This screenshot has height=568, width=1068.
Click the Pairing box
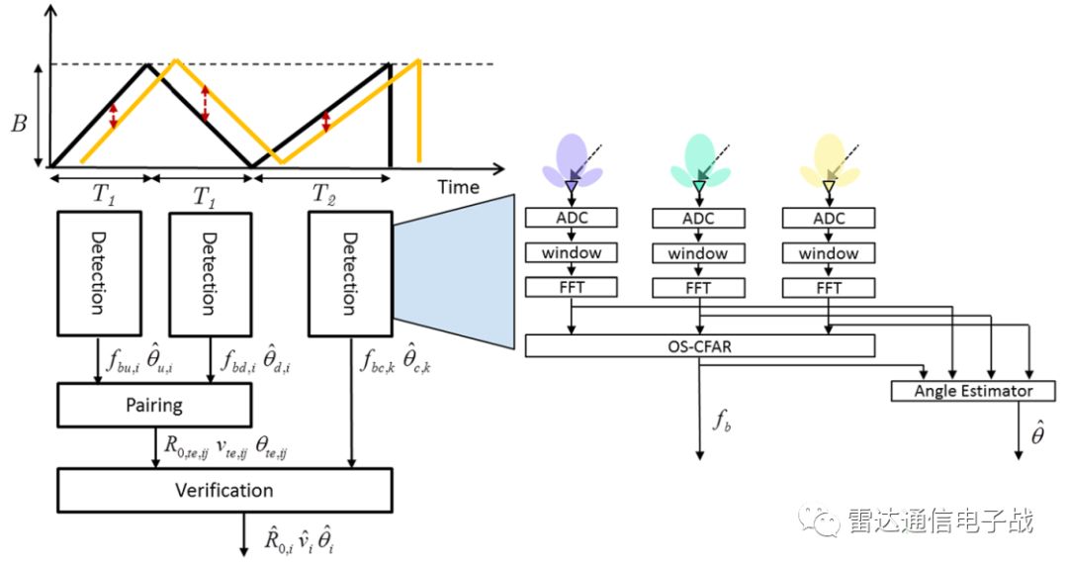point(154,406)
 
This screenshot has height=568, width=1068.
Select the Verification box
point(223,490)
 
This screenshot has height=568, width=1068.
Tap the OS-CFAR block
point(700,346)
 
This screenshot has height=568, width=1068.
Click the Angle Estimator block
point(973,391)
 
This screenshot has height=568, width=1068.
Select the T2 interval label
point(323,193)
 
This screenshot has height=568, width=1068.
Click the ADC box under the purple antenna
point(572,218)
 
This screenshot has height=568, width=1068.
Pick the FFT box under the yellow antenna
point(829,288)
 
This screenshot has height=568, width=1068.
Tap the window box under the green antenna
point(700,253)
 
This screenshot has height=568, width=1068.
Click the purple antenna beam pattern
point(572,161)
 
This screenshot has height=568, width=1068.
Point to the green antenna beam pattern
point(700,161)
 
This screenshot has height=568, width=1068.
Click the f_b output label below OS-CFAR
point(723,421)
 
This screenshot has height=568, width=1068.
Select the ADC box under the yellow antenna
point(829,218)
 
